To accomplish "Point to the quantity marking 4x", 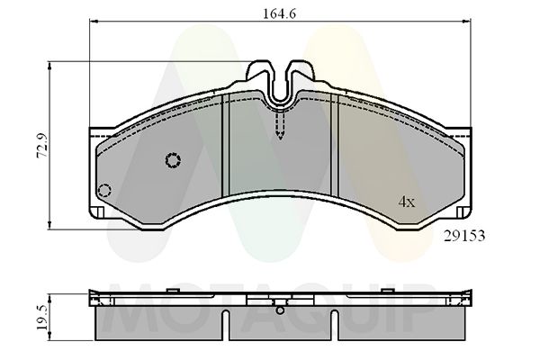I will [x=407, y=202].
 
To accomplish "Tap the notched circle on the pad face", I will [x=173, y=160].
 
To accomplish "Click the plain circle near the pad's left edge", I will [x=103, y=190].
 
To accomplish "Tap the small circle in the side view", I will [x=282, y=312].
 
